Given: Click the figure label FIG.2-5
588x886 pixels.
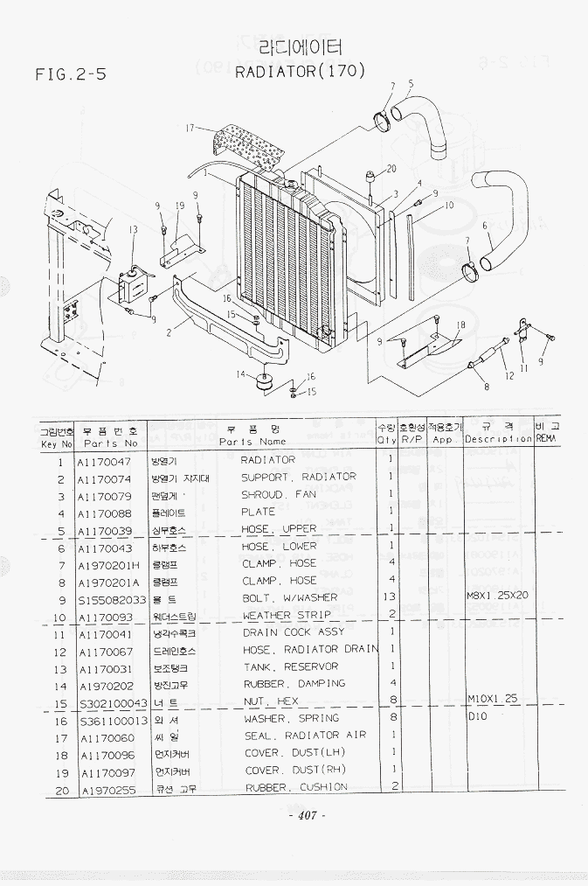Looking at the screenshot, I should (x=71, y=75).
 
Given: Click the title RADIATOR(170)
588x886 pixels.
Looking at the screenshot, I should (x=300, y=72).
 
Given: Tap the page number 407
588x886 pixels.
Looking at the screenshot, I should (x=306, y=816).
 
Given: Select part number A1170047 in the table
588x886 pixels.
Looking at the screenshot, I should (x=104, y=461).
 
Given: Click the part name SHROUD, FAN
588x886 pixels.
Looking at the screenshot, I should (x=279, y=495).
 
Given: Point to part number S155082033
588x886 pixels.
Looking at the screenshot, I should (x=111, y=600).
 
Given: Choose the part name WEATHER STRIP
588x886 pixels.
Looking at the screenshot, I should (x=280, y=616).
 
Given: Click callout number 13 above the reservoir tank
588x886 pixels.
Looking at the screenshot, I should (x=133, y=230).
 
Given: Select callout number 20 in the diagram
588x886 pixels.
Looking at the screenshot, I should (x=391, y=168).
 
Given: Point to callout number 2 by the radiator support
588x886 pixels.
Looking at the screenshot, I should (x=167, y=331).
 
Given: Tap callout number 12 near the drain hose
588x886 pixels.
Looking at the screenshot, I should (x=508, y=376).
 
